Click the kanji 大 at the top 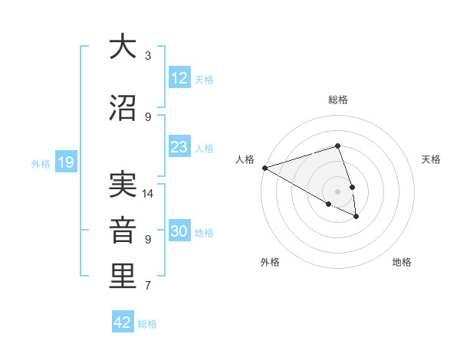(121, 47)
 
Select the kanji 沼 (121, 108)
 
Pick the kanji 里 (121, 277)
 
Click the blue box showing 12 (179, 78)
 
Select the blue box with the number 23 (179, 147)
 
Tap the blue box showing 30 (179, 231)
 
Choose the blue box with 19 (65, 162)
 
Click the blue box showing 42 (123, 322)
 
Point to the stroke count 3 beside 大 (148, 56)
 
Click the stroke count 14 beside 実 (148, 194)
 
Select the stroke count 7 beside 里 (148, 286)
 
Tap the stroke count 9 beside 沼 (148, 117)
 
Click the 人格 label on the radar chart (245, 159)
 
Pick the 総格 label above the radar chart (338, 100)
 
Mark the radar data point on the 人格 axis (264, 168)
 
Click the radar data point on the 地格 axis (356, 217)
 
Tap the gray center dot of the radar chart (337, 191)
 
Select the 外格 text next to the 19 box (41, 163)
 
